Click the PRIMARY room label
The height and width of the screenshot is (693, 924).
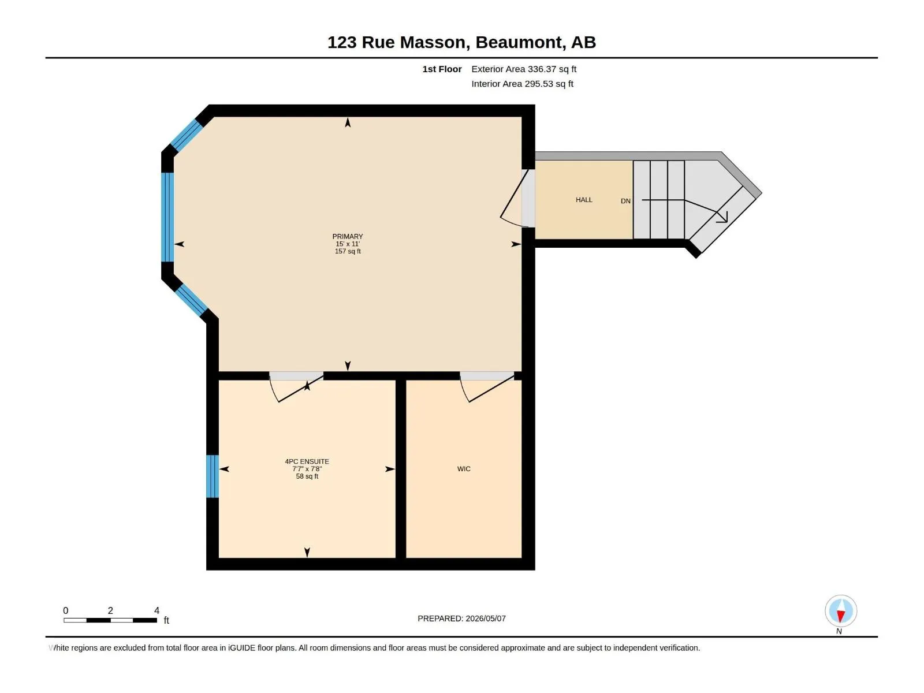point(347,236)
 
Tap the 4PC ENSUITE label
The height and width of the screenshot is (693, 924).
point(307,461)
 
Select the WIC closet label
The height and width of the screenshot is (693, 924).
point(464,469)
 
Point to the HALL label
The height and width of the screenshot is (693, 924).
point(584,200)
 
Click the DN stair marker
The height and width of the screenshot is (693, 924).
point(625,201)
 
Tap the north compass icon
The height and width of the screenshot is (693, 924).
point(841,611)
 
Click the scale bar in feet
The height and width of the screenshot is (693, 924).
point(110,620)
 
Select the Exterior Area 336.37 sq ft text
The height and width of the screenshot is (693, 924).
point(524,69)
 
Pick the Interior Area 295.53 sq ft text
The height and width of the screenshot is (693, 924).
point(523,84)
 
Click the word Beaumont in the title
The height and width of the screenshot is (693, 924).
point(520,43)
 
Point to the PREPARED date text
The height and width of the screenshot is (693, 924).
point(462,619)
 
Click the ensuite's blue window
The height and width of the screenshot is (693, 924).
point(213,476)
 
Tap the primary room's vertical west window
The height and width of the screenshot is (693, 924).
point(167,217)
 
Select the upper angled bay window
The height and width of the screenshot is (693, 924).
point(187,135)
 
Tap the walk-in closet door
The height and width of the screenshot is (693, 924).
point(487,387)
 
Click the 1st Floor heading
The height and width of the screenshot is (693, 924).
point(442,69)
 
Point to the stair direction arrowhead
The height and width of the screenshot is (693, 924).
point(723,217)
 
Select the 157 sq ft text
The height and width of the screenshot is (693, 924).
point(348,252)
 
